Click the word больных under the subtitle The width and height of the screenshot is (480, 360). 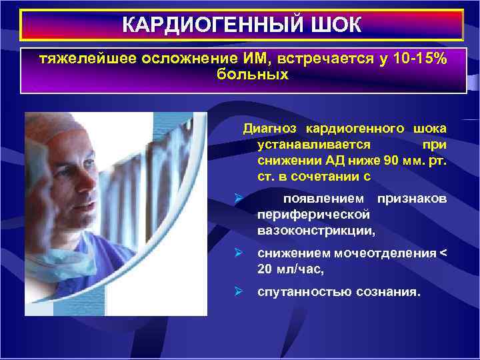(253, 75)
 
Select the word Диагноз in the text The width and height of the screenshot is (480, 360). (269, 127)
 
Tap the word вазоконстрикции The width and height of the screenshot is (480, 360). (317, 231)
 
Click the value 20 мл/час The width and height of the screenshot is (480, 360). (288, 269)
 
